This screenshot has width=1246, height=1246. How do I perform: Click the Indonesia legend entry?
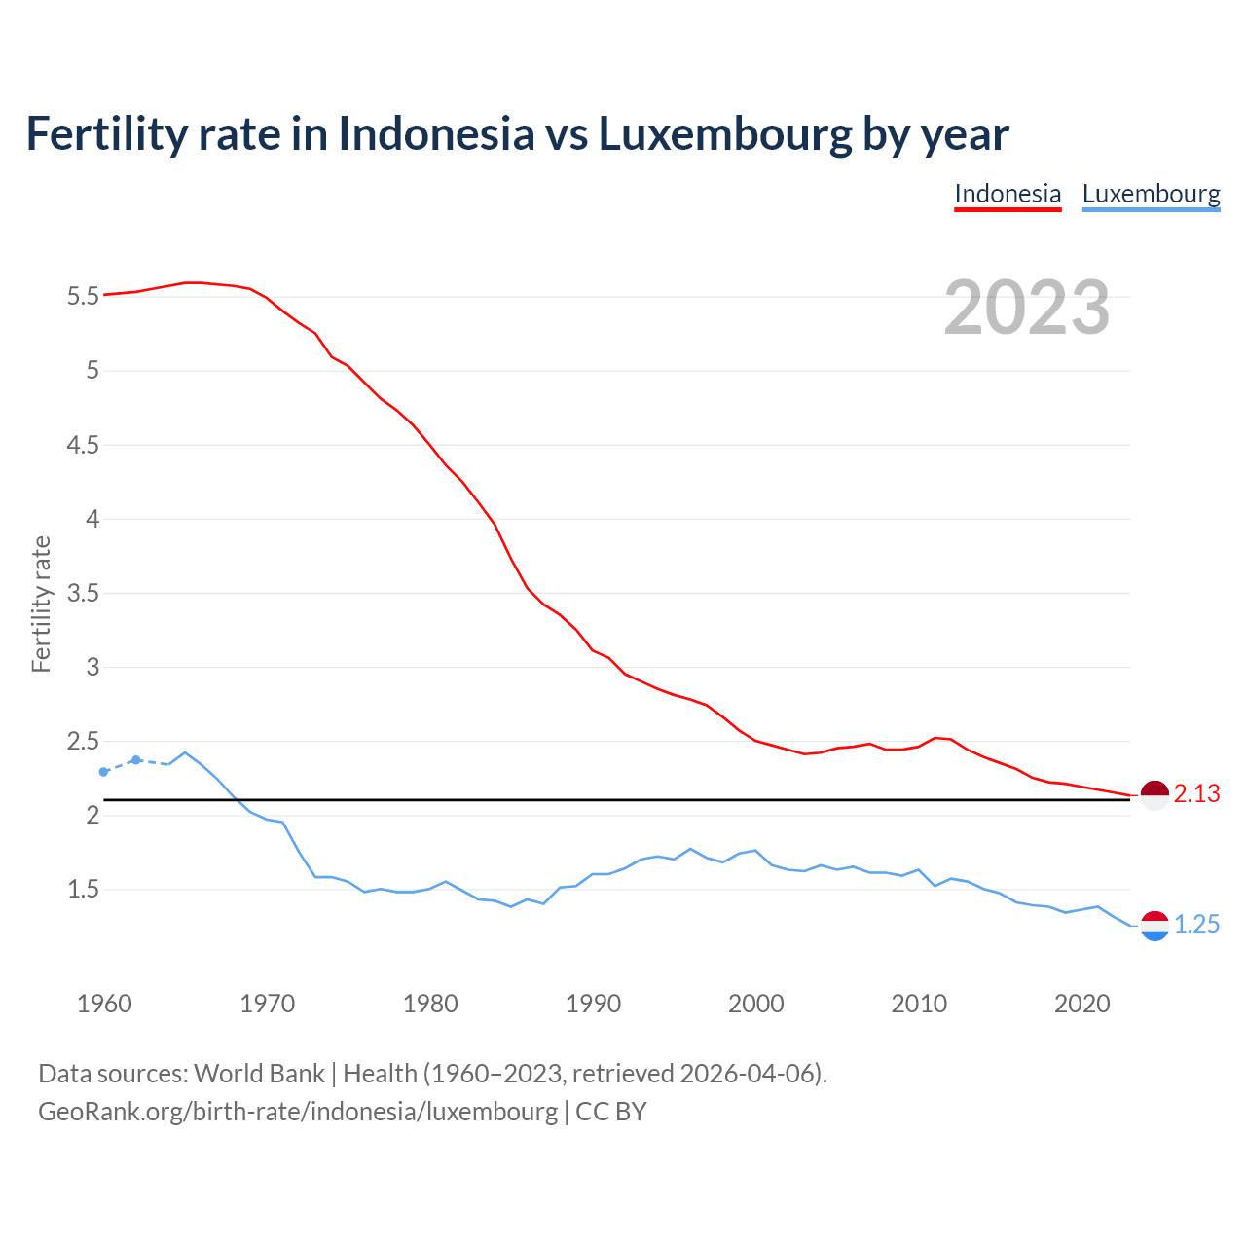pos(1008,194)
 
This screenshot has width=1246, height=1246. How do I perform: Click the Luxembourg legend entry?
pos(1151,194)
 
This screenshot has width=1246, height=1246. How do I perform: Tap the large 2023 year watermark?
pos(1027,308)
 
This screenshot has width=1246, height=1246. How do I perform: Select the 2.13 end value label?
pos(1196,794)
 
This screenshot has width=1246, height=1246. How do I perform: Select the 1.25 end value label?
pos(1196,925)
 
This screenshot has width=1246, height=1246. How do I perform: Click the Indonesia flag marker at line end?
pos(1154,795)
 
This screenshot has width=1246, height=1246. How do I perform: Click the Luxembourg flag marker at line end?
pos(1154,926)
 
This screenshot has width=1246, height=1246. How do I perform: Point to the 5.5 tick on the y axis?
pos(83,296)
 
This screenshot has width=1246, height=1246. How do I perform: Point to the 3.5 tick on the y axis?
pos(83,593)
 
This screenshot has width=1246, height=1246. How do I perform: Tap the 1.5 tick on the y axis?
pos(83,889)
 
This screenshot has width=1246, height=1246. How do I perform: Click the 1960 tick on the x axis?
pos(104,1004)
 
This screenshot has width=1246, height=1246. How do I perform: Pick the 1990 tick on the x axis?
pos(593,1004)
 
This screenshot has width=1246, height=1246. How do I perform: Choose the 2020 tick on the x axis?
pos(1081,1004)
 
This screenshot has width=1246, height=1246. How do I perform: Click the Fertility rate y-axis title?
pos(41,604)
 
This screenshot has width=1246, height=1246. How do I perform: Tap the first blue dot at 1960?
pos(104,772)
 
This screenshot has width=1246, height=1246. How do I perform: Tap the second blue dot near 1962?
pos(136,759)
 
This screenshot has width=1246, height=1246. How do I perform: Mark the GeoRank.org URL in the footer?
pos(298,1112)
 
